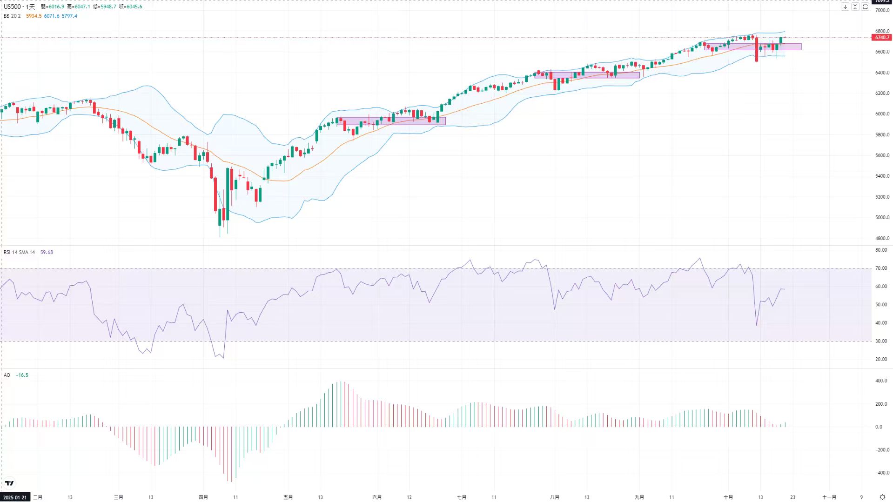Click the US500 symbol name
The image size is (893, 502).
click(x=12, y=7)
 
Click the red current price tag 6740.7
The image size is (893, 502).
click(x=881, y=37)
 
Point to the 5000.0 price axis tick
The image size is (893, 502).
click(x=882, y=218)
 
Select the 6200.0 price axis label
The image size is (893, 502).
click(x=882, y=94)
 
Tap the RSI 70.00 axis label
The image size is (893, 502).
click(x=881, y=268)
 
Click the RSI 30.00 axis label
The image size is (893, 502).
click(x=881, y=341)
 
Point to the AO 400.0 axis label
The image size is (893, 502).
click(x=881, y=381)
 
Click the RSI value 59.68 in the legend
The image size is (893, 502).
click(x=47, y=252)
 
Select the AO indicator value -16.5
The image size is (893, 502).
click(x=22, y=375)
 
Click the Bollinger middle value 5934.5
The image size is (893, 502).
click(x=34, y=16)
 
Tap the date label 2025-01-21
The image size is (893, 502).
click(x=15, y=497)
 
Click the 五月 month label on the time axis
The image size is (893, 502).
click(x=288, y=497)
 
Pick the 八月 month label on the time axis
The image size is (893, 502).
click(x=554, y=497)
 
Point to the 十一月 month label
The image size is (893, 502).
click(x=829, y=497)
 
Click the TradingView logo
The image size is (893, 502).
click(x=9, y=483)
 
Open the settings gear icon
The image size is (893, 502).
click(x=882, y=497)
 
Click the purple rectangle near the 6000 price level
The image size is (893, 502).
click(x=393, y=121)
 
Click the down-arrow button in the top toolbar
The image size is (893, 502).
click(x=845, y=7)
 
